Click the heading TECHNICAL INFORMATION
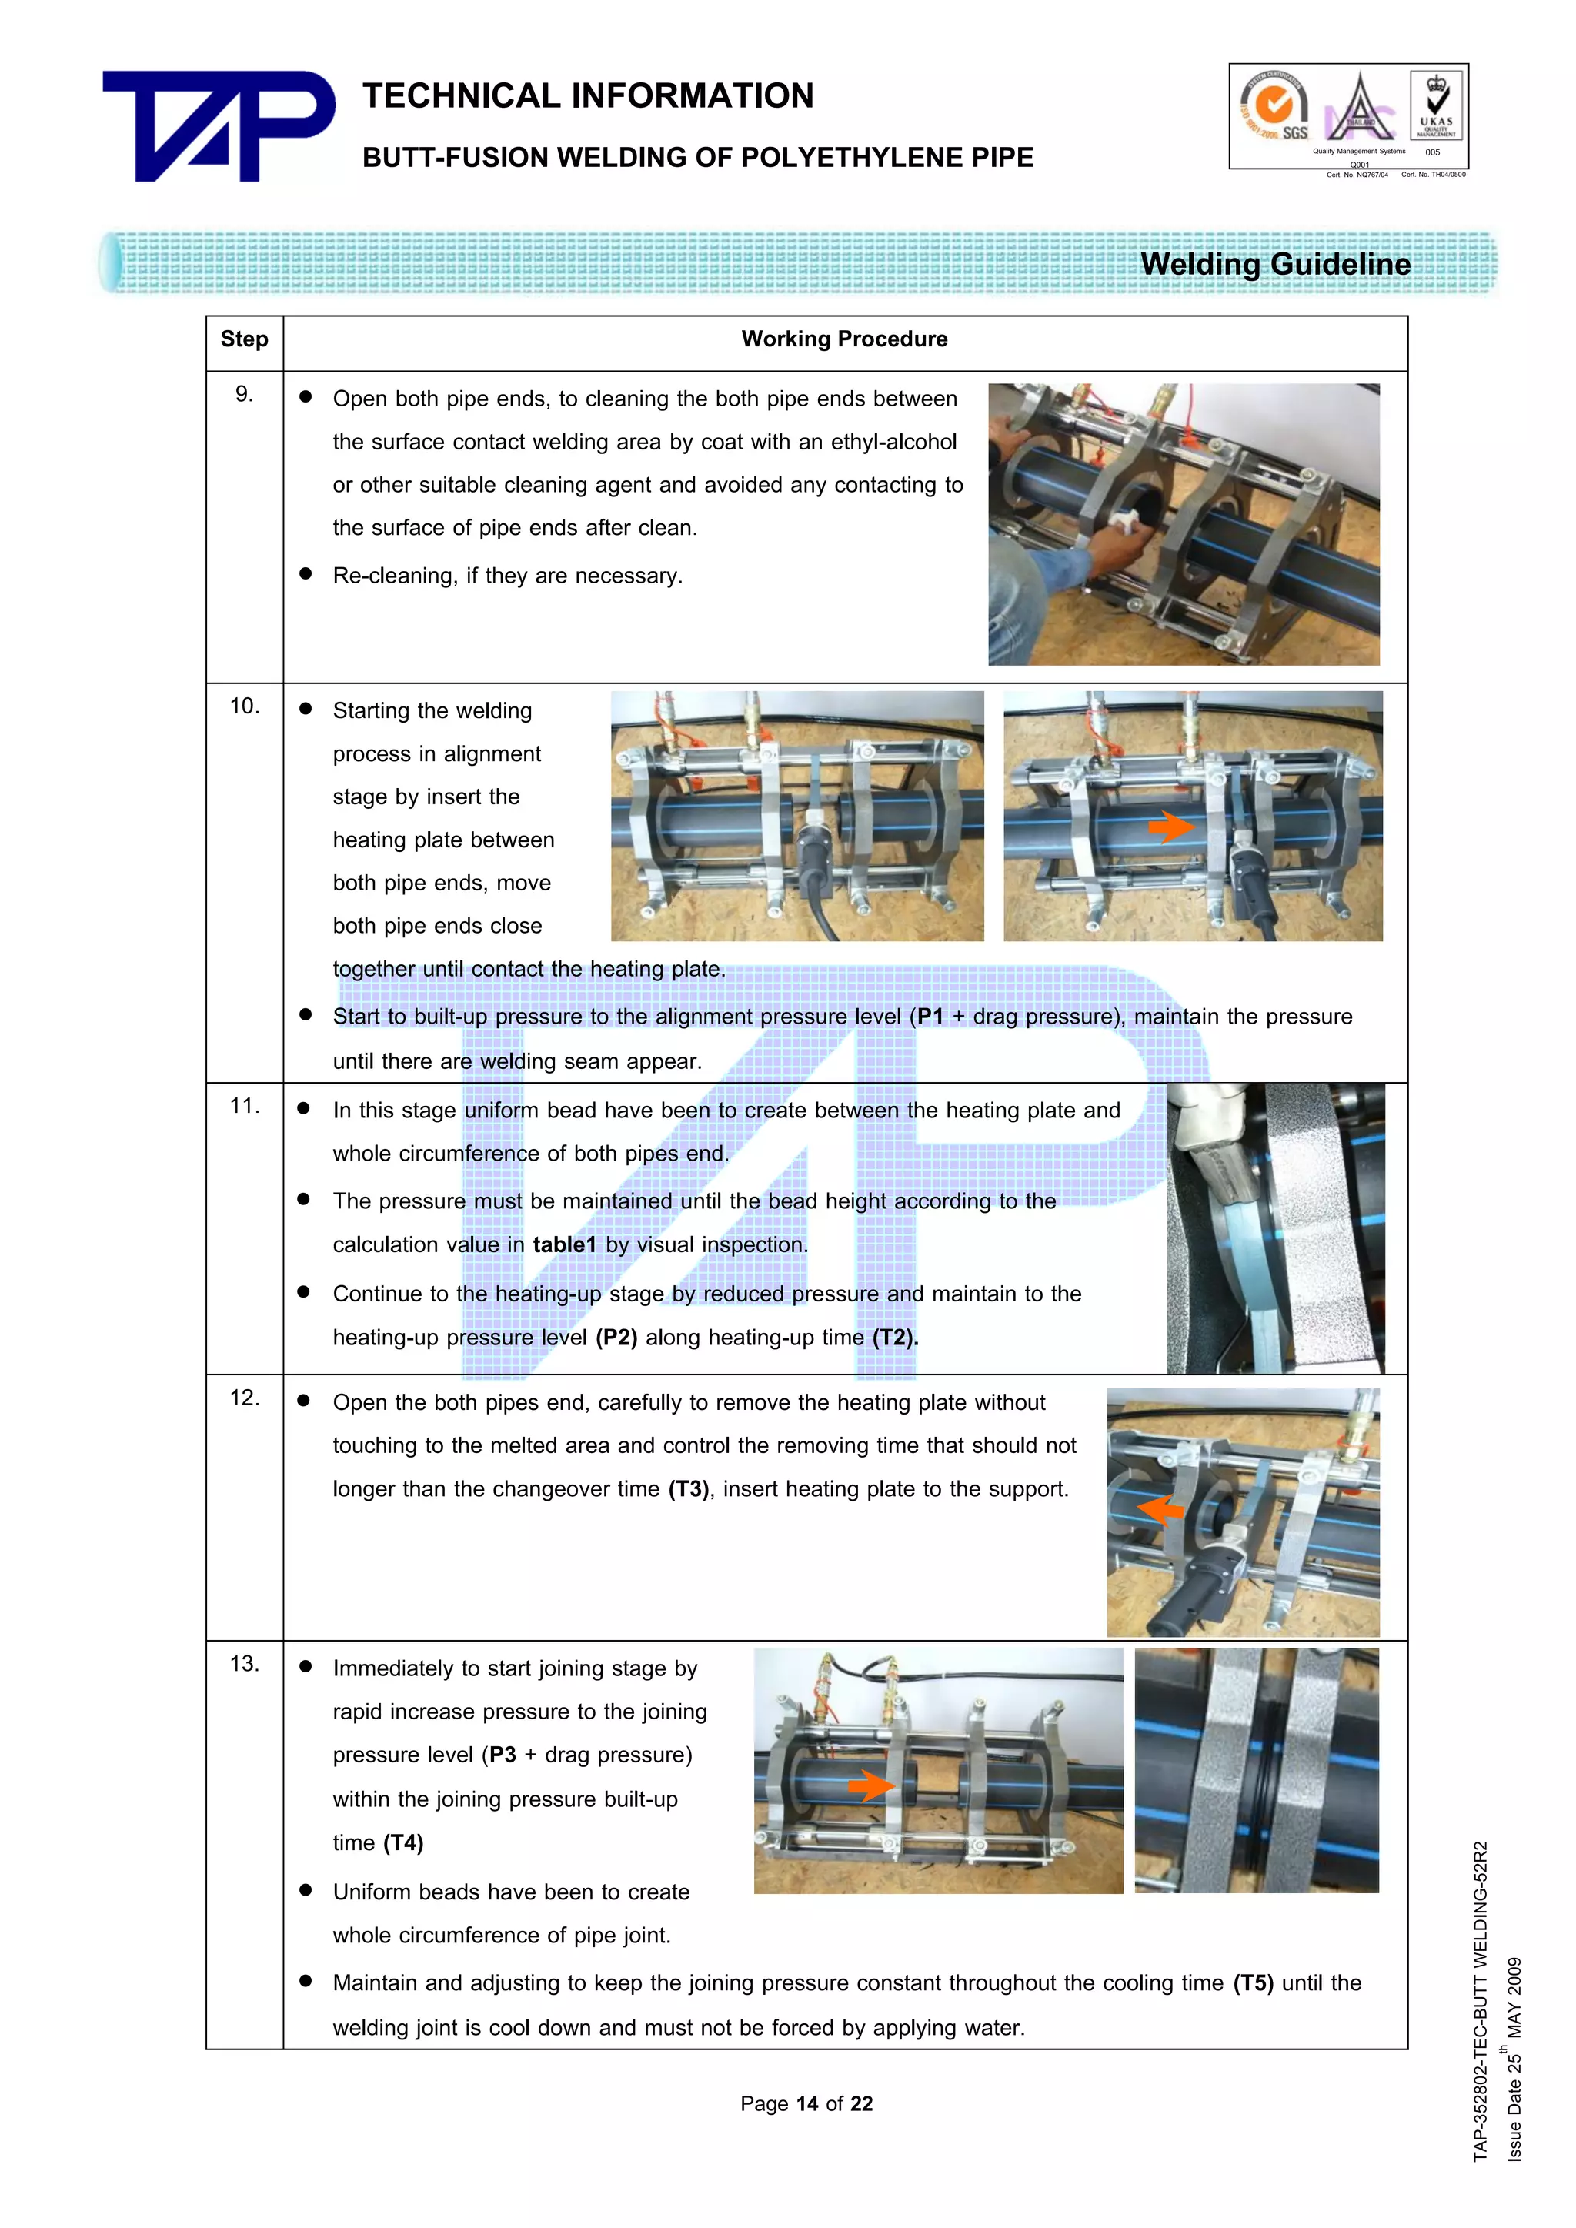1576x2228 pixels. pyautogui.click(x=587, y=96)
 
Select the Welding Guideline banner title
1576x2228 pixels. pyautogui.click(x=1274, y=264)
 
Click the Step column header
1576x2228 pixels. pyautogui.click(x=244, y=339)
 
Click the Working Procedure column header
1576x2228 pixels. pyautogui.click(x=843, y=339)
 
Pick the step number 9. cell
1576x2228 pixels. pyautogui.click(x=244, y=394)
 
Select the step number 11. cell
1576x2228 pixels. pyautogui.click(x=244, y=1105)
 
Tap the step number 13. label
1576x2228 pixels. pyautogui.click(x=244, y=1663)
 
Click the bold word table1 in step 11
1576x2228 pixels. pyautogui.click(x=564, y=1245)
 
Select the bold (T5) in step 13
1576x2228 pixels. pyautogui.click(x=1253, y=1982)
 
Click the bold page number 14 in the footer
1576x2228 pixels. pyautogui.click(x=806, y=2104)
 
